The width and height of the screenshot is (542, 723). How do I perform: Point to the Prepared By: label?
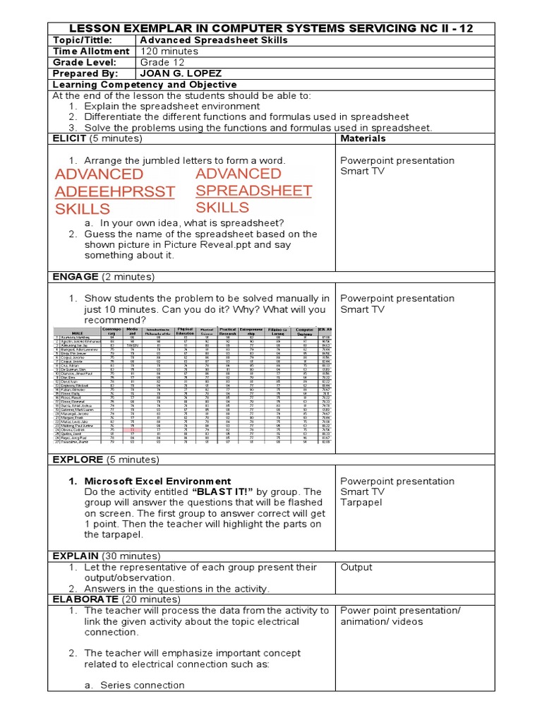pyautogui.click(x=84, y=73)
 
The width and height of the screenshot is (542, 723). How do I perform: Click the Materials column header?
pyautogui.click(x=363, y=138)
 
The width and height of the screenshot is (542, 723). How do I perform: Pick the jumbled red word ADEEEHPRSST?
pyautogui.click(x=114, y=191)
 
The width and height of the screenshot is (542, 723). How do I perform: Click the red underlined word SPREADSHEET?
pyautogui.click(x=253, y=191)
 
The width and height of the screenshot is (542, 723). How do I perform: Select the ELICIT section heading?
pyautogui.click(x=69, y=138)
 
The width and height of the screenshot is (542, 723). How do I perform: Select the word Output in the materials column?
pyautogui.click(x=356, y=567)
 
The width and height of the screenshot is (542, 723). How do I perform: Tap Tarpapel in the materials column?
pyautogui.click(x=361, y=502)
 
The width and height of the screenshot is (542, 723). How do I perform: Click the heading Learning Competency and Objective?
pyautogui.click(x=145, y=84)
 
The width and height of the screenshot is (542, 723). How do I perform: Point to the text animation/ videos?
pyautogui.click(x=381, y=621)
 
